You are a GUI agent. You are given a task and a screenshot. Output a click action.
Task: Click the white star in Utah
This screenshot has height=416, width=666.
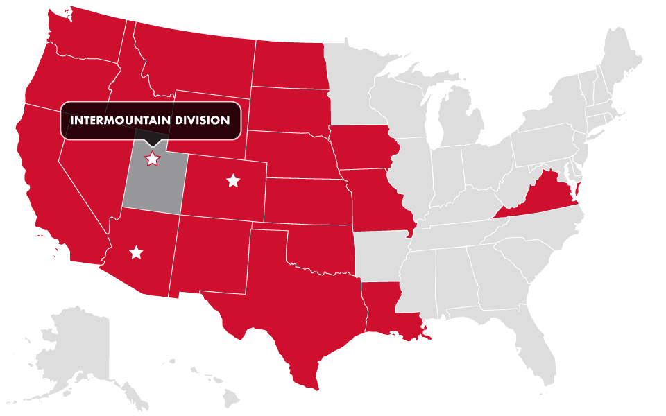pos(151,159)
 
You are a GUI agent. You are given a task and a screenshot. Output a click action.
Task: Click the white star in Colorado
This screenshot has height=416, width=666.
pos(233,181)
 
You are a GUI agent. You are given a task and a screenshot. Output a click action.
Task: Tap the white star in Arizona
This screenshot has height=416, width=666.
pos(136,252)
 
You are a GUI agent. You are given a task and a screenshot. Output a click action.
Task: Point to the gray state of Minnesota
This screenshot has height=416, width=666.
pos(354,83)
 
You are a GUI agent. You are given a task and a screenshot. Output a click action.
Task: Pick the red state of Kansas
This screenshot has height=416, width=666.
pos(305,201)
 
